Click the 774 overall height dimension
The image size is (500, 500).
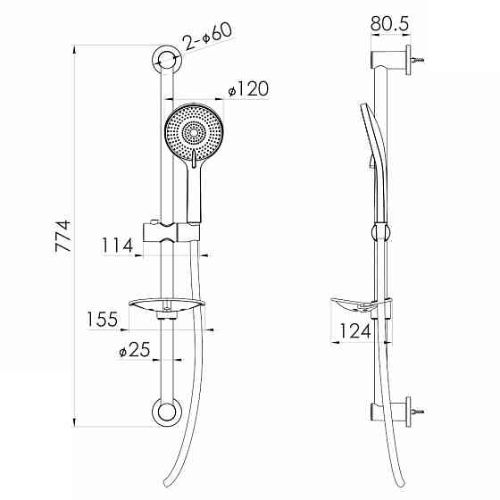[62, 236]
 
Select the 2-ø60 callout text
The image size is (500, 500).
[207, 37]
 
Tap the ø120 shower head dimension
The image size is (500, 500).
[248, 88]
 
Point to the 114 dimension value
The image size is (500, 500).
[117, 246]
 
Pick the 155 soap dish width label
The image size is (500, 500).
[103, 320]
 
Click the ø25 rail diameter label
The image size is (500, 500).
[134, 349]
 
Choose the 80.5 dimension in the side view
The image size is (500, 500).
[389, 23]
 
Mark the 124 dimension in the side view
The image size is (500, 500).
[355, 330]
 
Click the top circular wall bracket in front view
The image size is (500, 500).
[166, 60]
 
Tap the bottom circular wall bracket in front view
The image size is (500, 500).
[166, 412]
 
